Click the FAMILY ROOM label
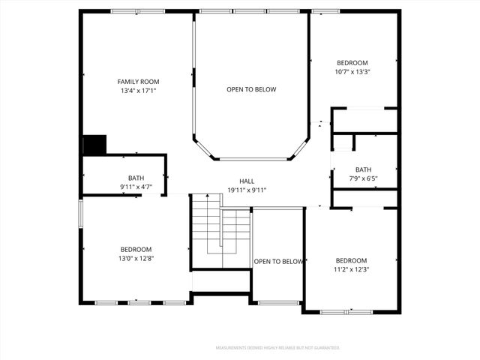point(138,81)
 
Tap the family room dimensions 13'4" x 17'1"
point(138,91)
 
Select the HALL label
point(247,181)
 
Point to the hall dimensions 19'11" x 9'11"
point(247,190)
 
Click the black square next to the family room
point(94,145)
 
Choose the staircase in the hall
point(220,230)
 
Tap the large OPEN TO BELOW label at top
point(251,89)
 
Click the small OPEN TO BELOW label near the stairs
point(278,261)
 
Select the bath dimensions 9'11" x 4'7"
point(136,187)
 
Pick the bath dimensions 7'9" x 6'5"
point(363,178)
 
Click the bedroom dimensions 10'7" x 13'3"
point(352,71)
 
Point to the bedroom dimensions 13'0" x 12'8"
point(136,258)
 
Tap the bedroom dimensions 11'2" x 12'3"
point(351,269)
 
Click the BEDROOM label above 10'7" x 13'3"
point(352,62)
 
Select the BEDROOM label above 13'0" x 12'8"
point(136,249)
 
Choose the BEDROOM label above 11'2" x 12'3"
point(351,260)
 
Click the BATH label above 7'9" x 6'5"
point(363,169)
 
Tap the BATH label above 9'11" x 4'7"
point(136,178)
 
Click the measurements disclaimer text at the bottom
point(277,348)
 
